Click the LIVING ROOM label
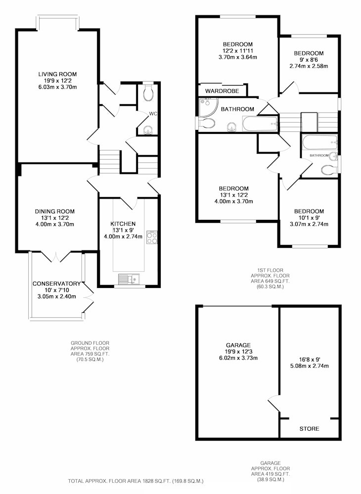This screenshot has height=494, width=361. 57,75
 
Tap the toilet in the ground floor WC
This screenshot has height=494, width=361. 148,92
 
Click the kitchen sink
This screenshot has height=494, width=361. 129,279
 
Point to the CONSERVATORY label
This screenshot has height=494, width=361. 56,284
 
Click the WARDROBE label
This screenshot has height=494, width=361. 222,91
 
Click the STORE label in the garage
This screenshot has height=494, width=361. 309,429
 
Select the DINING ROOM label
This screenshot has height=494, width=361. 55,211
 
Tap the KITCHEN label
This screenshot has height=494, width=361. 123,224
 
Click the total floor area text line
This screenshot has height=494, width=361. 136,481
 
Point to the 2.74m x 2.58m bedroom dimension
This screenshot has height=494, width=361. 309,66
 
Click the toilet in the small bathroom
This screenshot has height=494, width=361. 329,170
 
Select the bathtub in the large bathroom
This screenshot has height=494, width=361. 260,124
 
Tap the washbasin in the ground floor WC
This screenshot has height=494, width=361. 147,129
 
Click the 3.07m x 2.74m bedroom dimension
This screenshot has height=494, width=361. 309,224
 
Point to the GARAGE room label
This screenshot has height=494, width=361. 238,345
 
